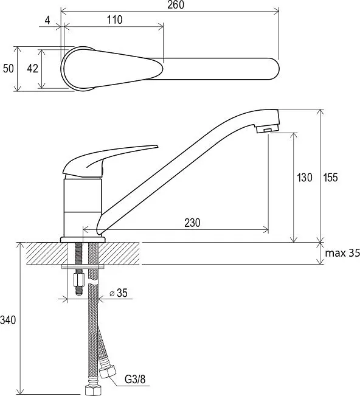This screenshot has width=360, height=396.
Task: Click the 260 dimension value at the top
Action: pos(176,5)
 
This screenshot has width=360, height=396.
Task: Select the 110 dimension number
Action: pos(114,19)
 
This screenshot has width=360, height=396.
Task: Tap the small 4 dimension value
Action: pos(47,20)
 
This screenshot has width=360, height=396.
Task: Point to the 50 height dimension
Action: pos(9,69)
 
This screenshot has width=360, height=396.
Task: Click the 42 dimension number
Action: pos(33,69)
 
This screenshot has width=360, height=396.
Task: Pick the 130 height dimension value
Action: pos(305,178)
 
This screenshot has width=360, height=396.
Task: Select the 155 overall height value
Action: pos(330,178)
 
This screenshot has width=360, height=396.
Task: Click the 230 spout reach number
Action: pos(192,223)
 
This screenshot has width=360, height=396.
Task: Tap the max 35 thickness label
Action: pos(342,253)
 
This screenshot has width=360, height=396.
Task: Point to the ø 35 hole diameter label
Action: pos(119,293)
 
